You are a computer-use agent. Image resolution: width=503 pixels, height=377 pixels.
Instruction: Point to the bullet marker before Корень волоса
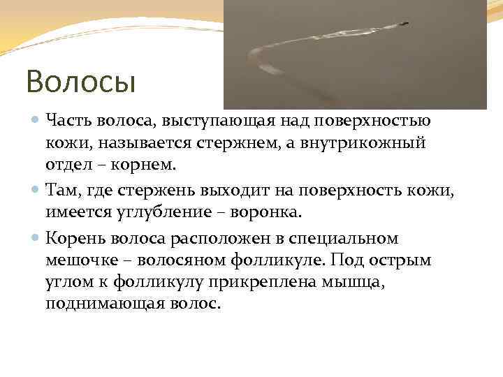coord(36,238)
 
